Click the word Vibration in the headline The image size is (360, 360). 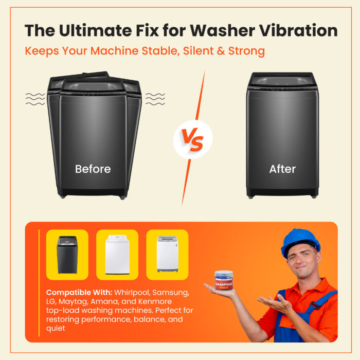(x=298, y=30)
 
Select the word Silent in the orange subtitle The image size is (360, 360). (x=198, y=51)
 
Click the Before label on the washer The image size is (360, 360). (x=93, y=169)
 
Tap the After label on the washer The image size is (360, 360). (x=282, y=169)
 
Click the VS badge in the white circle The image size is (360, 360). (x=193, y=139)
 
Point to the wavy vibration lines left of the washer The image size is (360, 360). (x=35, y=99)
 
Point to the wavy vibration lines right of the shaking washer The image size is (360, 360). (x=155, y=99)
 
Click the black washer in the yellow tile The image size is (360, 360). (x=67, y=255)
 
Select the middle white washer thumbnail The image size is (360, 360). (x=117, y=255)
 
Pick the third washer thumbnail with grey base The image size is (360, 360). (x=167, y=254)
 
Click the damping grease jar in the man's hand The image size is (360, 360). (x=223, y=280)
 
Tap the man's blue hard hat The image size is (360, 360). (x=300, y=242)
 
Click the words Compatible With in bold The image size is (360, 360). (x=79, y=293)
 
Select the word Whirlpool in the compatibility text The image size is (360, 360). (x=132, y=293)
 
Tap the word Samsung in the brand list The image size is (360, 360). (x=171, y=293)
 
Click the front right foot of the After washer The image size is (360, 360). (x=314, y=197)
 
